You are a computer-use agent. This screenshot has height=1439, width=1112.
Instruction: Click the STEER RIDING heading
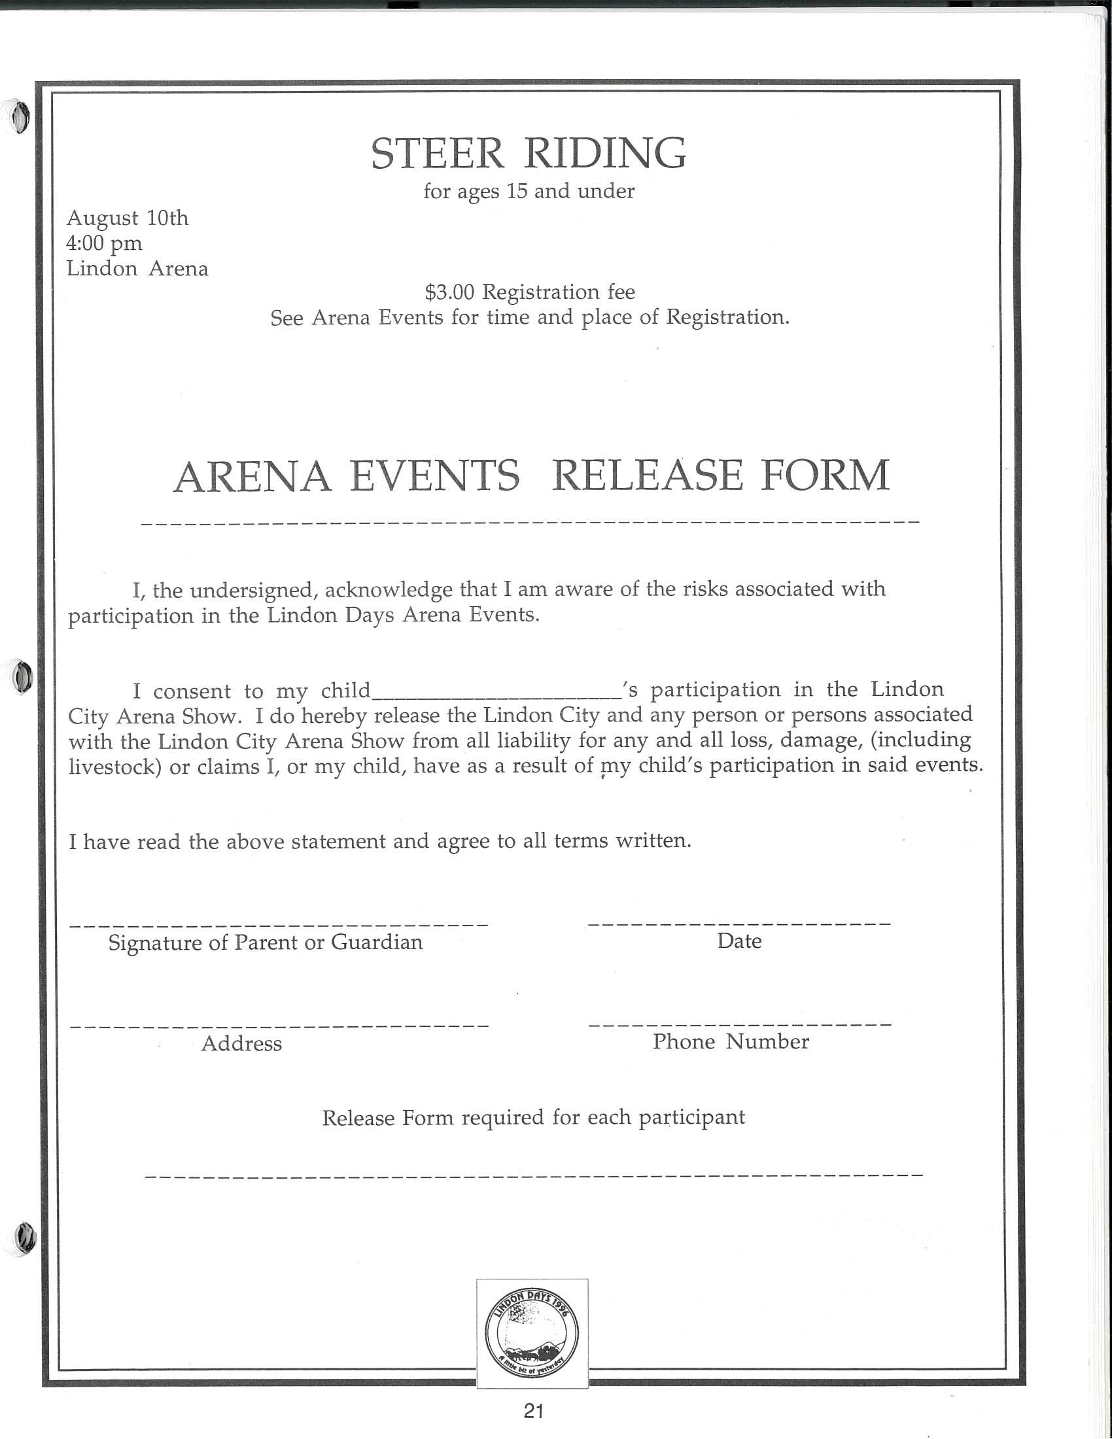[x=529, y=153]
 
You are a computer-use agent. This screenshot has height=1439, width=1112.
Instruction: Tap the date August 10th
[x=127, y=218]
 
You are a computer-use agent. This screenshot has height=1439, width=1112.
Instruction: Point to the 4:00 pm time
[x=104, y=243]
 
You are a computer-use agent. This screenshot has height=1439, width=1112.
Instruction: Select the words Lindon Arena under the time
[x=137, y=269]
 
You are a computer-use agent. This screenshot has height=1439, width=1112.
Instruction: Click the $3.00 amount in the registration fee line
[x=449, y=292]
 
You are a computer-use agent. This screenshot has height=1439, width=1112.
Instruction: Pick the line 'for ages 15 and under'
[x=529, y=191]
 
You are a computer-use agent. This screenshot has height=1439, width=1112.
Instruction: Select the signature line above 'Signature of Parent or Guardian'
[x=278, y=925]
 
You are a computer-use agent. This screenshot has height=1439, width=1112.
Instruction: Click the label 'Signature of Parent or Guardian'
[x=266, y=943]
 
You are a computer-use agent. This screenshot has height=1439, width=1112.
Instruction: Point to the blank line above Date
[x=739, y=924]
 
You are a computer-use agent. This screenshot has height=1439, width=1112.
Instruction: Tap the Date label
[x=739, y=941]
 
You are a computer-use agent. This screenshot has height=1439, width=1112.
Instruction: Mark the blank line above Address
[x=278, y=1026]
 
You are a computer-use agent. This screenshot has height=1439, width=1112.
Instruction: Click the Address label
[x=242, y=1044]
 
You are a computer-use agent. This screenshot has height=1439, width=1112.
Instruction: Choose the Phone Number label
[x=731, y=1042]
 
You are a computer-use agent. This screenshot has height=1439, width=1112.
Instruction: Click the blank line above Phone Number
[x=739, y=1025]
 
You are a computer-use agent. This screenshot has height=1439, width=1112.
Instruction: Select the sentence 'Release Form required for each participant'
[x=534, y=1118]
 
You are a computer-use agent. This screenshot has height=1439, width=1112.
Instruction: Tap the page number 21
[x=533, y=1411]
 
